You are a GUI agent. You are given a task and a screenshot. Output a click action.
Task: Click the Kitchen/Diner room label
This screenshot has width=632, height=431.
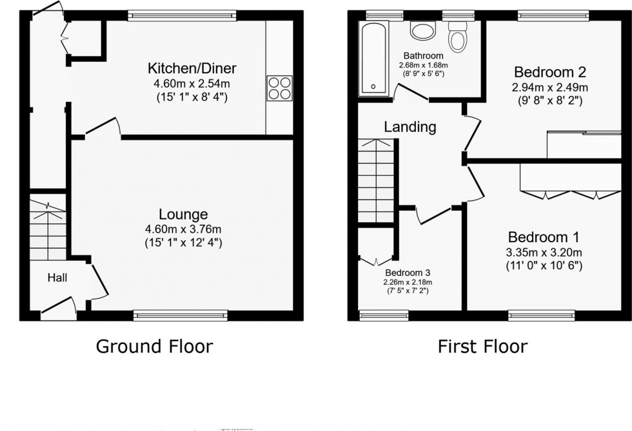click(x=192, y=68)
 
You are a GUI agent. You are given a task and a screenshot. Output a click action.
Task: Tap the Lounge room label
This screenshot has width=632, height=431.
click(x=184, y=215)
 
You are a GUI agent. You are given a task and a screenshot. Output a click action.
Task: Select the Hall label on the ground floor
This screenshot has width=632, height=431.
click(x=58, y=278)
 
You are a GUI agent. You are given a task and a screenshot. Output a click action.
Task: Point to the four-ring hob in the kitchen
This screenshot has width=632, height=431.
click(x=280, y=88)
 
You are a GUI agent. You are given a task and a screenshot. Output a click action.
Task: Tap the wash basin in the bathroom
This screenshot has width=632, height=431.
click(x=423, y=32)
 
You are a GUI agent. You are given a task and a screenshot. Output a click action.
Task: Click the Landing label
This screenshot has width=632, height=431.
click(x=410, y=127)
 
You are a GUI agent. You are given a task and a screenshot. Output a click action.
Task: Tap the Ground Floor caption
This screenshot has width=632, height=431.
click(x=154, y=347)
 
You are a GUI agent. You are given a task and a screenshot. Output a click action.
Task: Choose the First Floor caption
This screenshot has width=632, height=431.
click(x=482, y=347)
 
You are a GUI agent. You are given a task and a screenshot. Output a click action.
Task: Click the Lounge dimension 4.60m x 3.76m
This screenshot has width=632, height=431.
click(x=184, y=230)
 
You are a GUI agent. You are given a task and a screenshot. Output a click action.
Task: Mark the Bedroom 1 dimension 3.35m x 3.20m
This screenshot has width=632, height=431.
click(x=544, y=252)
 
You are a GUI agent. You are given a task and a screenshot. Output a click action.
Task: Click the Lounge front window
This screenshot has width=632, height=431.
click(x=181, y=315)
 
